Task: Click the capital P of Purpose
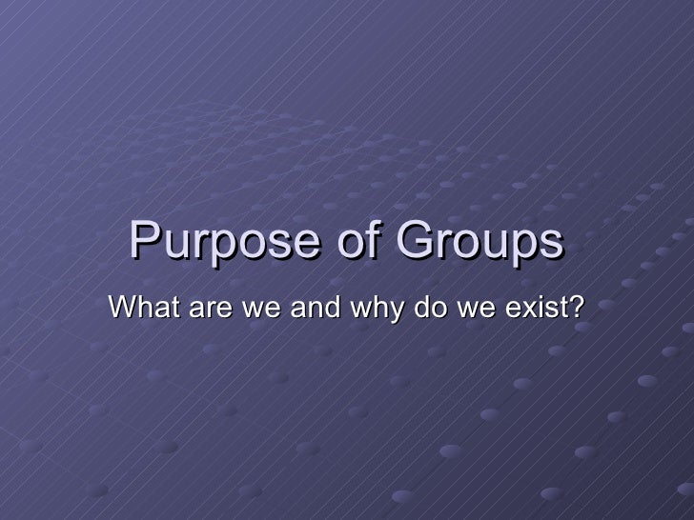point(141,244)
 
